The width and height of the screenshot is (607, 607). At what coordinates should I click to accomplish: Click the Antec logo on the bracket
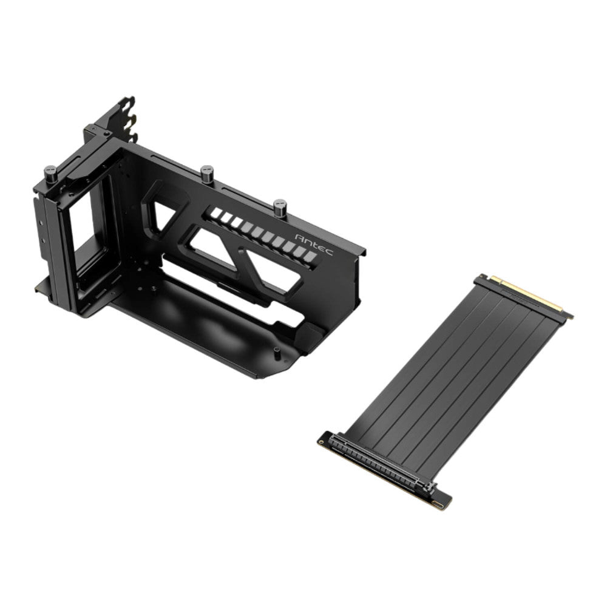tap(314, 244)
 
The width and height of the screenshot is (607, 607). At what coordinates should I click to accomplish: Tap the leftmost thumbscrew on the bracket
tap(51, 174)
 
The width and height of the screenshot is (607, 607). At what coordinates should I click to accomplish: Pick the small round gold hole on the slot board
tap(321, 442)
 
